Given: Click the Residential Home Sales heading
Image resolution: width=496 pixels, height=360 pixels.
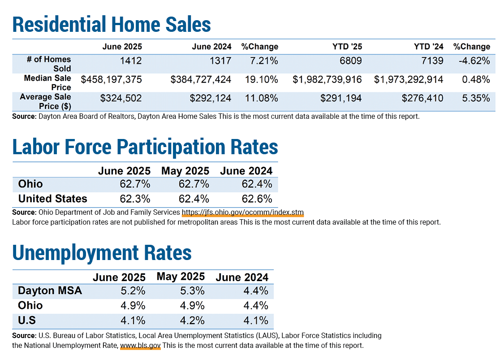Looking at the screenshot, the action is coord(112,24).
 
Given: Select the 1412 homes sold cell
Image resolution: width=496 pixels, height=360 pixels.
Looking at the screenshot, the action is coord(131,61).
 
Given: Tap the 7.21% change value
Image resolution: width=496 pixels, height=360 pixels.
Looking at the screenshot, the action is coord(264,61).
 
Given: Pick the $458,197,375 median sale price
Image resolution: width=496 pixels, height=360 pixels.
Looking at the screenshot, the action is coord(112,79).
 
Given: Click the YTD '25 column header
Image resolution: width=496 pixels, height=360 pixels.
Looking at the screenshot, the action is coord(347,47).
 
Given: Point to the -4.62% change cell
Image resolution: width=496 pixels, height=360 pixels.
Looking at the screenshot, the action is coord(474,61).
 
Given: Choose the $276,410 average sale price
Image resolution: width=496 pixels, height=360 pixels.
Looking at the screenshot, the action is coord(423,98).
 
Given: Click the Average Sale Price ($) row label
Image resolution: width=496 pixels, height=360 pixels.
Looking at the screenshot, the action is coord(46,101).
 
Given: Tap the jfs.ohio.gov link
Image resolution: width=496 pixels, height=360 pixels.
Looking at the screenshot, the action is coord(242,212).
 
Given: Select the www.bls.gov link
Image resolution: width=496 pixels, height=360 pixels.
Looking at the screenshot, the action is coord(140,345).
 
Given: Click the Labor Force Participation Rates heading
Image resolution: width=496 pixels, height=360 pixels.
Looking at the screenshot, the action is coord(145,147).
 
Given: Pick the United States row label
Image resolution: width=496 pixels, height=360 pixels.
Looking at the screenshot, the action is coord(52,199).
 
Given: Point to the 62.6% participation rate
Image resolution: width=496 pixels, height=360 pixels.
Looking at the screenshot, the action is coord(257,199).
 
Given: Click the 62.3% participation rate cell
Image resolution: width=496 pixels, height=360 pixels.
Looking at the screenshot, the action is coord(135,199).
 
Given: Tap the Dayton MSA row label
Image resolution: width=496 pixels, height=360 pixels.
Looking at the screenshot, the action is coord(50,291).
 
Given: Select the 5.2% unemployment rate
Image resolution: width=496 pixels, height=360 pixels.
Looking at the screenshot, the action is coord(133,291).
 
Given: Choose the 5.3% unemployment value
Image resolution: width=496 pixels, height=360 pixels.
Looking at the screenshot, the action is coord(192,291).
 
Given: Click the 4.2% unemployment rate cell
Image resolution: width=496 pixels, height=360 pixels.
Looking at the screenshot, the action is coord(192,321).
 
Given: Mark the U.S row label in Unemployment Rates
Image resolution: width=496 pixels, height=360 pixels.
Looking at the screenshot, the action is coord(27,320).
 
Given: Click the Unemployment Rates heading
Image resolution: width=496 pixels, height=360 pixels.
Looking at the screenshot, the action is coord(102,253).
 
